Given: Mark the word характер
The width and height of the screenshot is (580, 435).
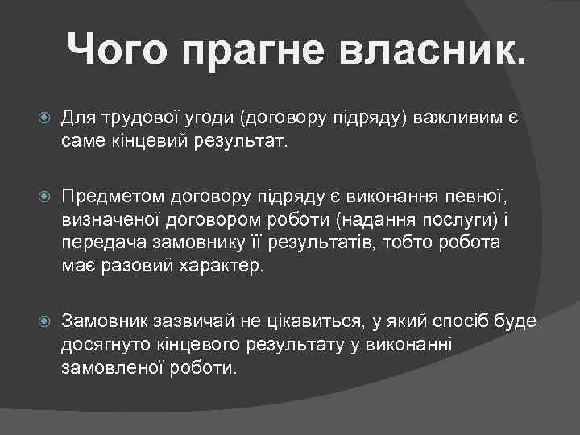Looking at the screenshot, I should [x=230, y=267].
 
